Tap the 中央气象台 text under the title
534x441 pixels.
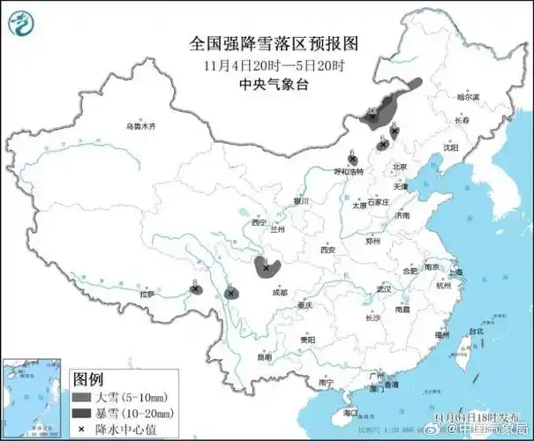tap(265, 84)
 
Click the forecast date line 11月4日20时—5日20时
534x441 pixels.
tap(265, 64)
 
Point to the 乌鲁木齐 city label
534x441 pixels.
tap(140, 127)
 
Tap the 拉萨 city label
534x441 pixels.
tap(148, 295)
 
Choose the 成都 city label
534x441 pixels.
tap(280, 291)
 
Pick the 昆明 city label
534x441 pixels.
tap(265, 357)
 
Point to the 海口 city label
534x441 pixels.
tap(350, 412)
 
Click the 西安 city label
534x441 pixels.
tap(328, 250)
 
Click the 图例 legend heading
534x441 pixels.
tap(88, 379)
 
